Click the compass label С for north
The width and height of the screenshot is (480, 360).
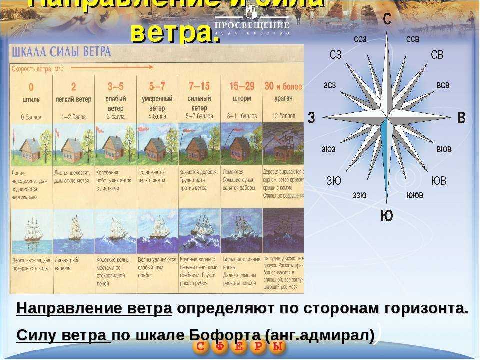tap(387, 19)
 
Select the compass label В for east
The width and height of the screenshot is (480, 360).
tap(461, 118)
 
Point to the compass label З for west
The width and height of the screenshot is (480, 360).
tap(311, 118)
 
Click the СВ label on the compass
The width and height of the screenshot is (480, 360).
tap(437, 55)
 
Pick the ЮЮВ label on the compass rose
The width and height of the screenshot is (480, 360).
tap(415, 195)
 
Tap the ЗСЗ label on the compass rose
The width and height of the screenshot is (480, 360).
tap(330, 85)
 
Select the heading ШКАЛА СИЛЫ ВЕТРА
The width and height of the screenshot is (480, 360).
tap(61, 52)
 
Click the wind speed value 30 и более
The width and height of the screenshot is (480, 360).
tap(283, 86)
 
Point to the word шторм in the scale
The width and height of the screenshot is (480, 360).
tap(242, 99)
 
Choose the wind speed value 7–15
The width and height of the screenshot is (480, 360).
tap(199, 86)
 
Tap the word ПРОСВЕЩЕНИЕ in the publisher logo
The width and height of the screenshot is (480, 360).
tap(252, 25)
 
